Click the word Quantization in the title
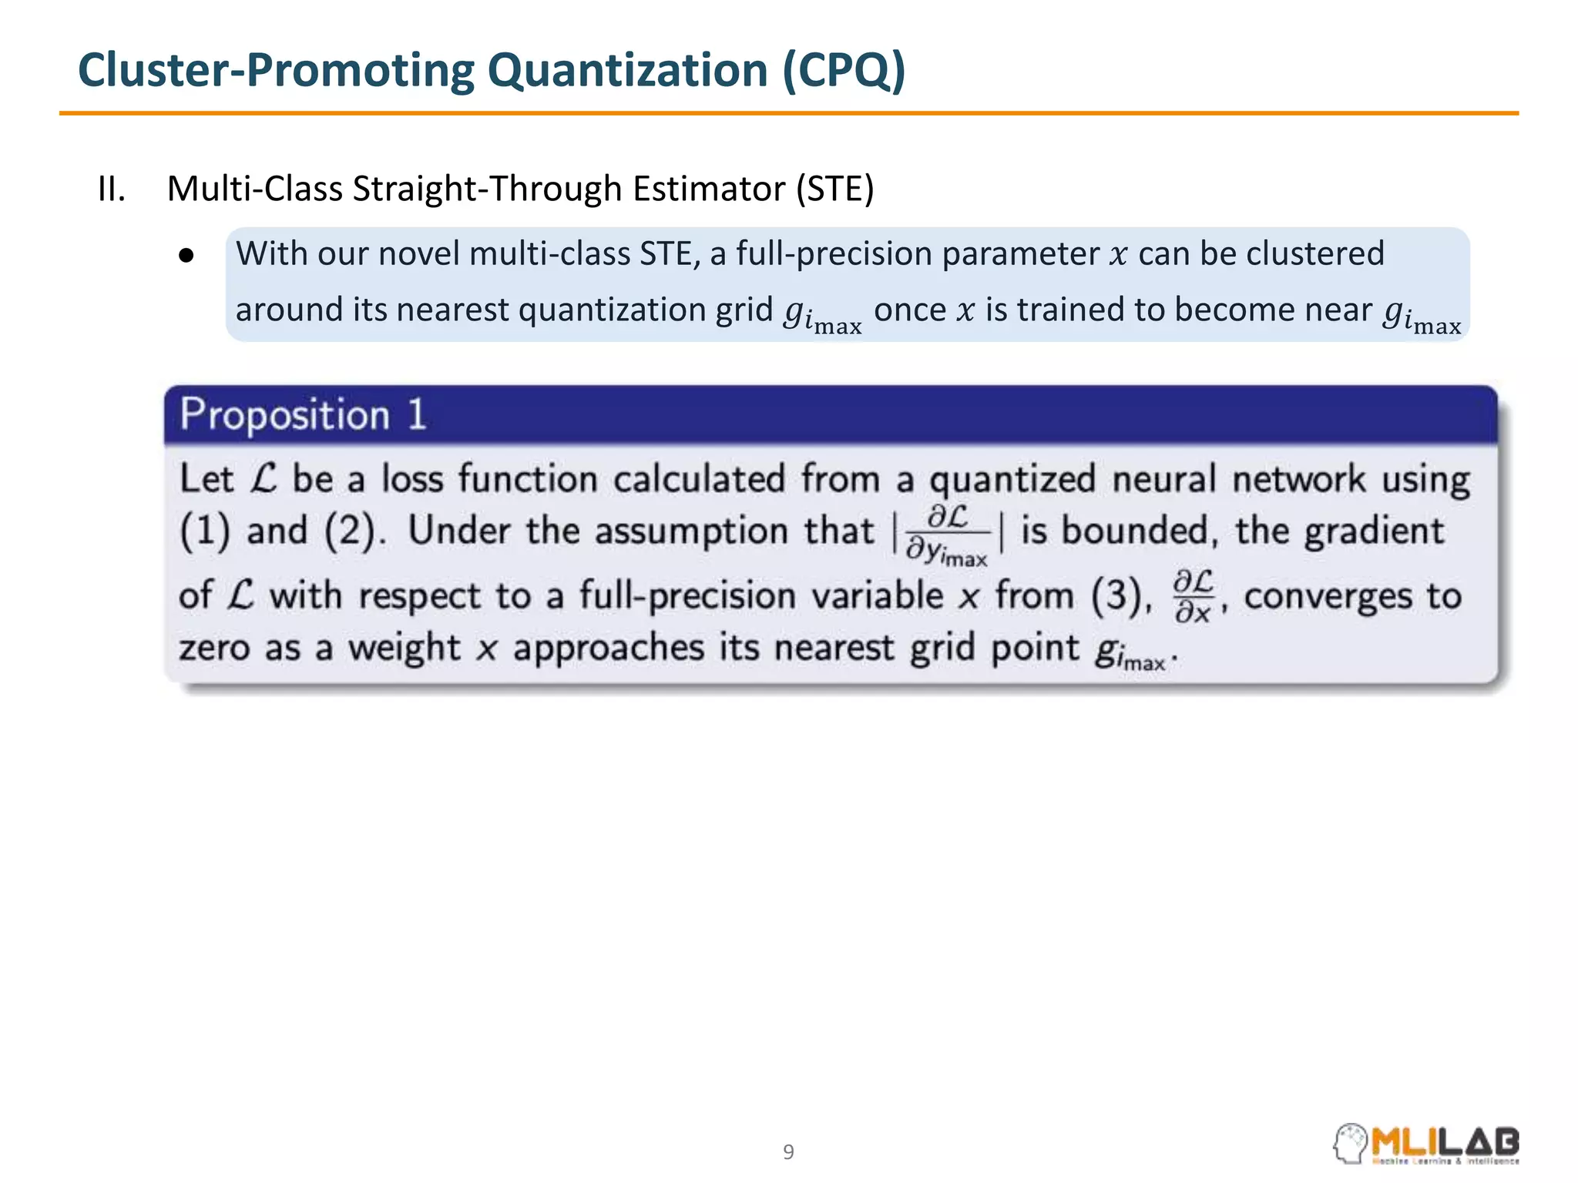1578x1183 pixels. pyautogui.click(x=627, y=71)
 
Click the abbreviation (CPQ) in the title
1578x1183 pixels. pyautogui.click(x=844, y=71)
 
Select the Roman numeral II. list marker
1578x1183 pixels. pyautogui.click(x=112, y=189)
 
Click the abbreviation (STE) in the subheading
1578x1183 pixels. pyautogui.click(x=835, y=189)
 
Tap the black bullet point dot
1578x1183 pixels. pyautogui.click(x=186, y=256)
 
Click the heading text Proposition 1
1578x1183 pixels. pyautogui.click(x=303, y=415)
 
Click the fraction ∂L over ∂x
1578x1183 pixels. pyautogui.click(x=1193, y=595)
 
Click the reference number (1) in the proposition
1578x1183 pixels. pyautogui.click(x=205, y=531)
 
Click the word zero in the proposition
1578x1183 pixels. pyautogui.click(x=213, y=648)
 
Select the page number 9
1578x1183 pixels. pyautogui.click(x=788, y=1152)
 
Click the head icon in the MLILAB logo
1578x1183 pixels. pyautogui.click(x=1350, y=1144)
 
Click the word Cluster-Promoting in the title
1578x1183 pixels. pyautogui.click(x=277, y=71)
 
